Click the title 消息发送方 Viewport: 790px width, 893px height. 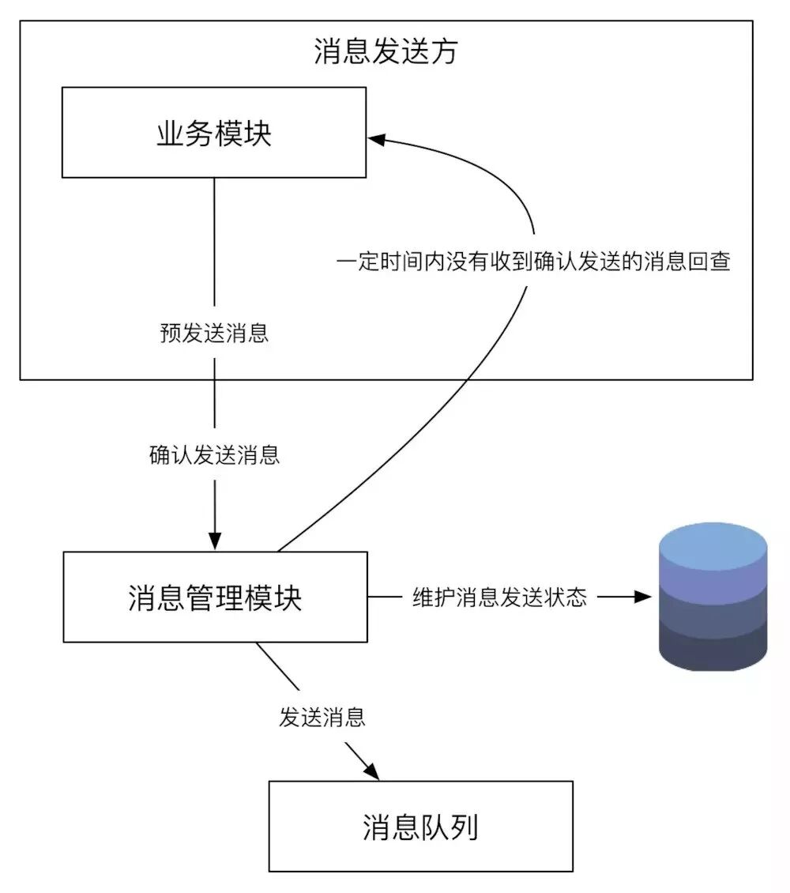pos(385,52)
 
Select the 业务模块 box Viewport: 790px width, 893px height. pos(214,133)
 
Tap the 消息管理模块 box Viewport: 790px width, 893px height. pos(215,597)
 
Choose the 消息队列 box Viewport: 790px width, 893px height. pos(420,827)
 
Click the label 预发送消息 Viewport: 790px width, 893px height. pos(214,333)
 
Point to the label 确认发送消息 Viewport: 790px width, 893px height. pos(214,455)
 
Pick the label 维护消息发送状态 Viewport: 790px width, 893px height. pos(499,597)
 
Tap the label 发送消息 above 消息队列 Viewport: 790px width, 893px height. pos(322,718)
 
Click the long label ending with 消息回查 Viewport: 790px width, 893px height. pos(533,262)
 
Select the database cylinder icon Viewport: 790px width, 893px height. pos(713,597)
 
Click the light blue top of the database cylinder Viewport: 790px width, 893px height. pos(713,545)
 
